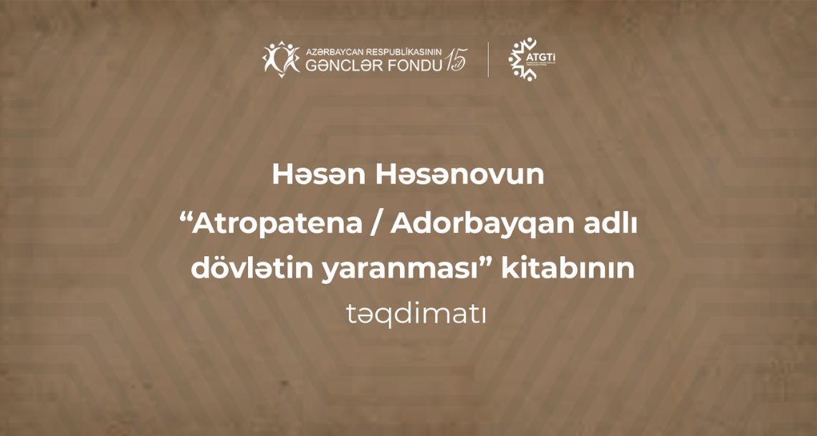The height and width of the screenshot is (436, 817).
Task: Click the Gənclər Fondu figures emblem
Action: (x=281, y=57)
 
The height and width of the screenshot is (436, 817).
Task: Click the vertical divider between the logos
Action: (x=489, y=59)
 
